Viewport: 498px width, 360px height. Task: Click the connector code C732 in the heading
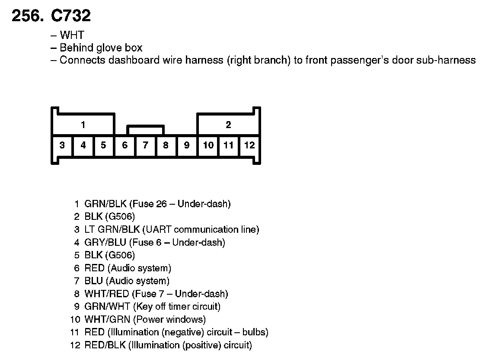coord(71,16)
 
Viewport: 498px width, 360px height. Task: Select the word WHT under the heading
coord(72,35)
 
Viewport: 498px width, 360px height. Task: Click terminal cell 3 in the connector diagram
coord(62,145)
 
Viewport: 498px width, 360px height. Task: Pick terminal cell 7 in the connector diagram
coord(146,145)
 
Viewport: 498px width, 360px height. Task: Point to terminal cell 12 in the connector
coord(249,145)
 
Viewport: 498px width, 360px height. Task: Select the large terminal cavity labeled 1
coord(83,125)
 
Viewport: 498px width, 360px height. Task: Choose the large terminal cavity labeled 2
coord(228,125)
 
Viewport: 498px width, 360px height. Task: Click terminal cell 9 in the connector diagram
coord(187,145)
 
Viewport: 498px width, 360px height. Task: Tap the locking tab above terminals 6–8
coord(145,130)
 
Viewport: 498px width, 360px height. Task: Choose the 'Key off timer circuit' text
coord(177,307)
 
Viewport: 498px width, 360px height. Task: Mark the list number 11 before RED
coord(75,332)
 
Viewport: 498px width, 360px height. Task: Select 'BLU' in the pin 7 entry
coord(93,281)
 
